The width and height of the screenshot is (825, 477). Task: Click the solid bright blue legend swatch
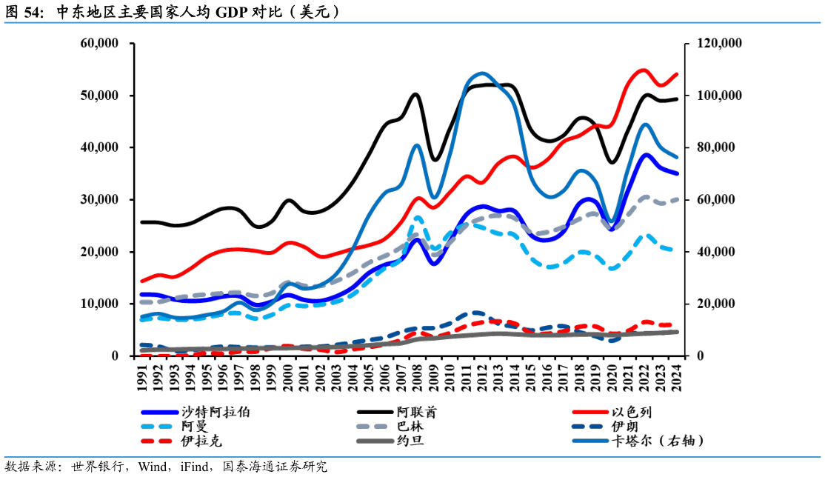[159, 412]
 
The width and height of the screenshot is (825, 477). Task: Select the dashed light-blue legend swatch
[156, 427]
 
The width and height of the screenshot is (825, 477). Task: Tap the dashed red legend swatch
[156, 441]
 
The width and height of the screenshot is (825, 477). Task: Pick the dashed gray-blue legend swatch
[372, 427]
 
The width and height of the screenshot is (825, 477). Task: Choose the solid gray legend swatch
[375, 441]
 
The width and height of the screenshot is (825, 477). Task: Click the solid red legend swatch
[590, 412]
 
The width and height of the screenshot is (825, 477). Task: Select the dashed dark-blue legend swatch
[587, 427]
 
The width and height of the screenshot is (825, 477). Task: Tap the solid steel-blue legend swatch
[590, 441]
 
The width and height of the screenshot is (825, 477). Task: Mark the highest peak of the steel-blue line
[482, 73]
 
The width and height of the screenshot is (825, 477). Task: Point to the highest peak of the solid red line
[644, 70]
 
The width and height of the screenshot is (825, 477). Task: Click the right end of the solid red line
[677, 74]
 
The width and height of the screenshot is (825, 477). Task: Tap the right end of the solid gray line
[677, 332]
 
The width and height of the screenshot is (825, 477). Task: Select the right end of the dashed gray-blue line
[677, 199]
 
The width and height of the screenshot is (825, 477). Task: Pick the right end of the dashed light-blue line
[672, 250]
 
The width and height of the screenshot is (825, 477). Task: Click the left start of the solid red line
[142, 281]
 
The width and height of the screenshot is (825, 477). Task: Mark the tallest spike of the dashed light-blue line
[418, 217]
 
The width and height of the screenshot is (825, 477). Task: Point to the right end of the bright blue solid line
[677, 173]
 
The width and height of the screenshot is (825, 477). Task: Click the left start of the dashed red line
[142, 355]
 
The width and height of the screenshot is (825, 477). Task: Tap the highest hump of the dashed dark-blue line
[474, 313]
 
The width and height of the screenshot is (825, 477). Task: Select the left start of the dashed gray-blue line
[142, 302]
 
